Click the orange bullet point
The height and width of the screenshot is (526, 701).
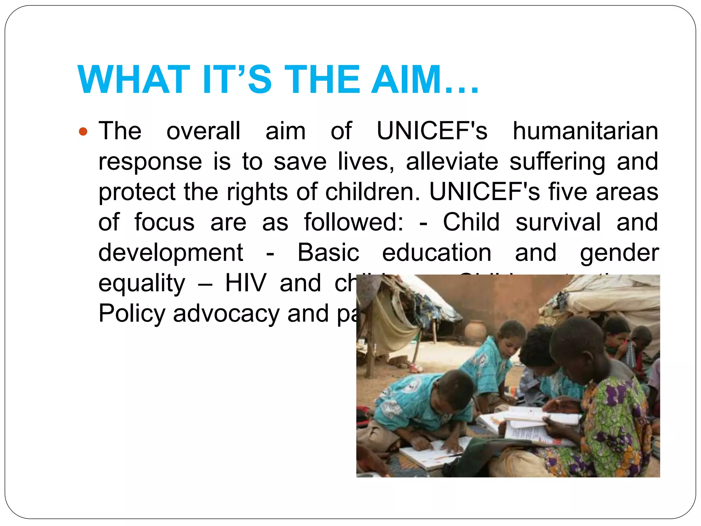pos(83,131)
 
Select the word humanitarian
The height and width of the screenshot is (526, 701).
pos(585,131)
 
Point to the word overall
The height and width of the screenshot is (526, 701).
pos(203,131)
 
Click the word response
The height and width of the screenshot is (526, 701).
pos(150,162)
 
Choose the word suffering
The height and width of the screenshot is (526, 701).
pos(557,162)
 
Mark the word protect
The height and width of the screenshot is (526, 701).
pos(137,192)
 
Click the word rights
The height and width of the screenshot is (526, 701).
pos(257,192)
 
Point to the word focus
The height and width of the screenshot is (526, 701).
pos(164,222)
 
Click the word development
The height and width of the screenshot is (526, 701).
pos(170,253)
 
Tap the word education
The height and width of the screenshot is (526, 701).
pos(437,253)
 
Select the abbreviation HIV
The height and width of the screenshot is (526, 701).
pos(245,283)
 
